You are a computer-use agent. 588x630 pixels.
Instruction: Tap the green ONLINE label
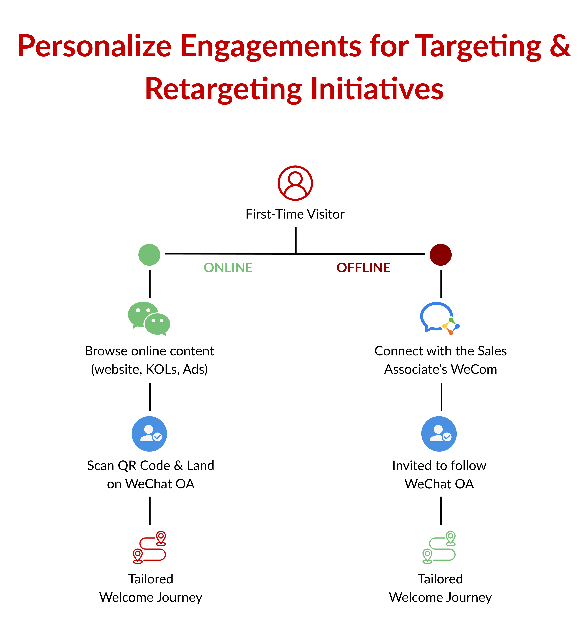228,268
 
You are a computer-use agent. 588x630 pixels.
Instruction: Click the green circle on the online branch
149,254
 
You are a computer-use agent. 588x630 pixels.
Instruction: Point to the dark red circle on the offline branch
440,254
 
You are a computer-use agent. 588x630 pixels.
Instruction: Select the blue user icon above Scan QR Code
149,434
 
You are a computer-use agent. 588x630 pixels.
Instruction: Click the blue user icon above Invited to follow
439,434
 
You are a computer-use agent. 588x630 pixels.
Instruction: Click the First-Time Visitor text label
295,214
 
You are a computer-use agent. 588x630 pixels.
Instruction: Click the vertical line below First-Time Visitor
296,240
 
